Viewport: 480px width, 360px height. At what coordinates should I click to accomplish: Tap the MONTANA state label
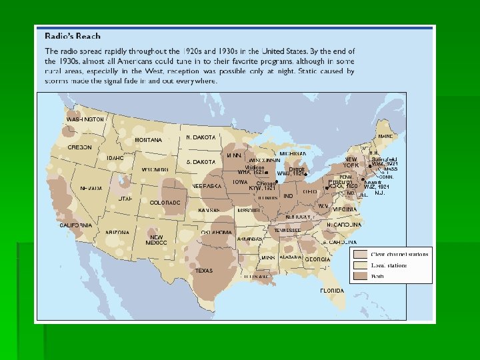(148, 140)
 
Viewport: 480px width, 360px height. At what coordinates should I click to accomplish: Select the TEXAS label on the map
(203, 271)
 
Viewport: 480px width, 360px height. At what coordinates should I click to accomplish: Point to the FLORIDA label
(331, 291)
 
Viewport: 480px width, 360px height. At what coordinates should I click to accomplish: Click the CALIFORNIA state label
(75, 225)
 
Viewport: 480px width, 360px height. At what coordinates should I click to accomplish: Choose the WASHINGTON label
(85, 119)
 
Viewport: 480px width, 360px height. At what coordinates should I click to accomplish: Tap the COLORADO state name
(165, 202)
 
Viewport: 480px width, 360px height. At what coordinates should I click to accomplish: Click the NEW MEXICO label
(157, 240)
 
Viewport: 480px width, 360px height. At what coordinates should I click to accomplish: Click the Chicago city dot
(276, 182)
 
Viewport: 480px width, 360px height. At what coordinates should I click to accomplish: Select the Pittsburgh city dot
(325, 187)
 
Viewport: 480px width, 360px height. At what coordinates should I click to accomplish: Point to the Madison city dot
(266, 172)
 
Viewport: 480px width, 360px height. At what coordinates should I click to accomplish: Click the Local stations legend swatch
(361, 265)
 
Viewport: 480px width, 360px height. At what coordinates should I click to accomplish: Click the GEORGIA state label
(317, 259)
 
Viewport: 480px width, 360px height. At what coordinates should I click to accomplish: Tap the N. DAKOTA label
(201, 137)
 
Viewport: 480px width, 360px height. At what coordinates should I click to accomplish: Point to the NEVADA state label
(91, 188)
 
